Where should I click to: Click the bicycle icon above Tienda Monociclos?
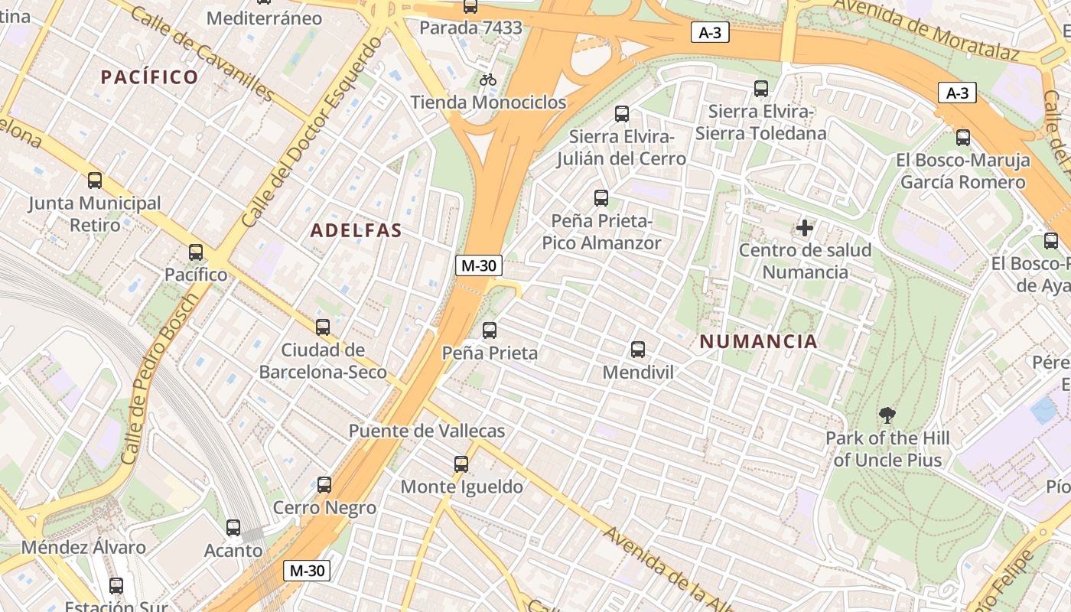(x=488, y=80)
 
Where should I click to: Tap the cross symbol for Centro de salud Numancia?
(x=805, y=227)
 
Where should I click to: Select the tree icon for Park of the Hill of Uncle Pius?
(x=887, y=416)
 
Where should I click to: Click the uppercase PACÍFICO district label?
(x=150, y=77)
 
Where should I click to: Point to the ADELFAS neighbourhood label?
(x=356, y=230)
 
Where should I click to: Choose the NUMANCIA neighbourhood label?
(x=759, y=342)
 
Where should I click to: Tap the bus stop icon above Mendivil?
(x=638, y=350)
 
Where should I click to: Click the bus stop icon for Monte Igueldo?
(x=461, y=464)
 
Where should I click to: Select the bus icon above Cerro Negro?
(x=324, y=484)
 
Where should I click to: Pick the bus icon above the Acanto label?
(x=233, y=527)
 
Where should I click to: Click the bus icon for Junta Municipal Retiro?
(x=95, y=181)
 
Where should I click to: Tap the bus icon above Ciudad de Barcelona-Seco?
(x=323, y=327)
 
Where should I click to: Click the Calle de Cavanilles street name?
(x=202, y=54)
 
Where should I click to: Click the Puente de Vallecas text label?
(x=427, y=431)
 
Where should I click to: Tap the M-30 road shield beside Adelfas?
(x=479, y=265)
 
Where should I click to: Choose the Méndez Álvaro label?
(x=83, y=548)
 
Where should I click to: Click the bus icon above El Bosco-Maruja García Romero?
(x=962, y=138)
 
